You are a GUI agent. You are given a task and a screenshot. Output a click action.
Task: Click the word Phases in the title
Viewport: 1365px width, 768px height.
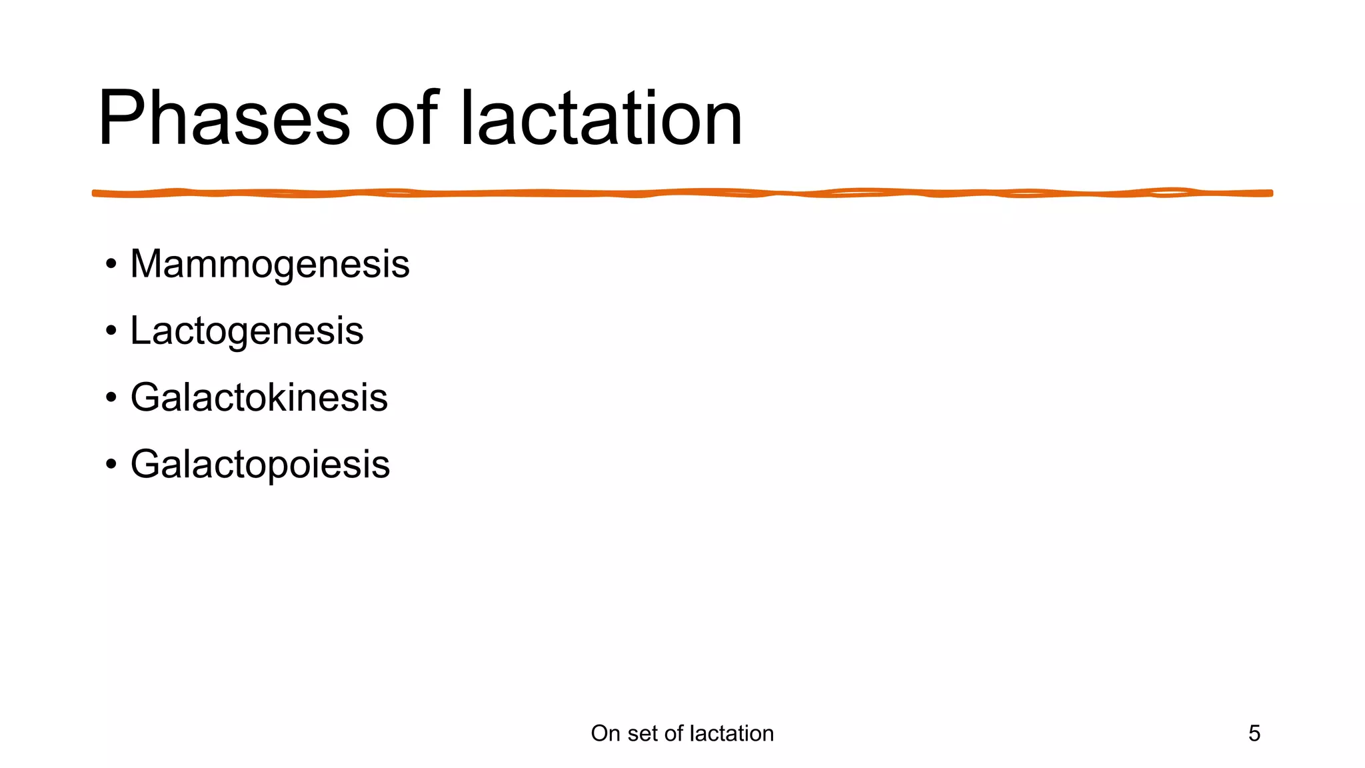224,119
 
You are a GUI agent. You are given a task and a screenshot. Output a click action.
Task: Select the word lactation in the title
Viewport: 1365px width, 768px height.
601,119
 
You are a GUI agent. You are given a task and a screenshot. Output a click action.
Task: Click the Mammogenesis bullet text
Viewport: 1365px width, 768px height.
270,264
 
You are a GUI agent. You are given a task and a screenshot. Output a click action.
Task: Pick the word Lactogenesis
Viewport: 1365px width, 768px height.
247,331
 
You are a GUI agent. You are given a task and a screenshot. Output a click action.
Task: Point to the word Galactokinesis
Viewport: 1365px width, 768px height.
259,397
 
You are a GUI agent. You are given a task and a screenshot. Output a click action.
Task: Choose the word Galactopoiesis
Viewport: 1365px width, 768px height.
260,464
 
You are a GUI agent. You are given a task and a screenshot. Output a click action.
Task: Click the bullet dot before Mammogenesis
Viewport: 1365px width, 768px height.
111,265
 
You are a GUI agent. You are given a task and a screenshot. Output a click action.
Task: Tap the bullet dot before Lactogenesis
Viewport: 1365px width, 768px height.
111,331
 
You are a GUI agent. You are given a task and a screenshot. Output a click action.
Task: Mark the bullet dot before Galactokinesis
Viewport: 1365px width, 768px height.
111,398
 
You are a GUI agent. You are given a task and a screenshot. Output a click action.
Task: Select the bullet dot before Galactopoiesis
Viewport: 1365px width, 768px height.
111,465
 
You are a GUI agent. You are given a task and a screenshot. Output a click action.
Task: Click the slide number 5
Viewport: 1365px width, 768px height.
1254,733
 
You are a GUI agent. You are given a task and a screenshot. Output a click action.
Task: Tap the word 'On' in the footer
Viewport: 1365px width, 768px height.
605,733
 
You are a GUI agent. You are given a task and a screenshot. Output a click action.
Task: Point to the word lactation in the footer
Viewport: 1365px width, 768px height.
732,733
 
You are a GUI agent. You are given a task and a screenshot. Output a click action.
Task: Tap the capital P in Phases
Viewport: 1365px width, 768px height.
120,119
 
